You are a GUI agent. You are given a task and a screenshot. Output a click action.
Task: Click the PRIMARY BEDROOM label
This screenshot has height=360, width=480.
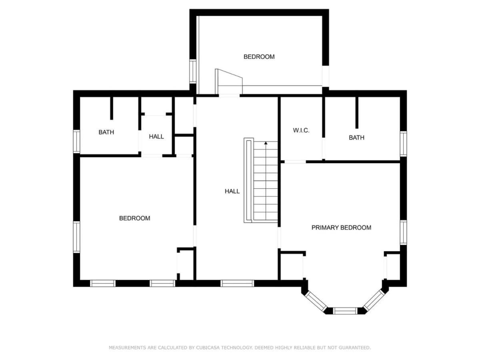click(x=341, y=228)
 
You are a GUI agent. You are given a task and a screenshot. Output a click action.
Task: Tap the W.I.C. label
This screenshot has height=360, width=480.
click(x=301, y=130)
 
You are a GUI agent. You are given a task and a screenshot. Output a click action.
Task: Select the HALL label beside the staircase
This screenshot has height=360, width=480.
click(x=232, y=191)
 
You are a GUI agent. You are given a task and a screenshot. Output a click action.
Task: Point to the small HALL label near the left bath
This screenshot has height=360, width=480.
click(x=156, y=137)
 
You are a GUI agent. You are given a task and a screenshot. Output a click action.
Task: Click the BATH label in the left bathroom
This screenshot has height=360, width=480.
click(x=106, y=132)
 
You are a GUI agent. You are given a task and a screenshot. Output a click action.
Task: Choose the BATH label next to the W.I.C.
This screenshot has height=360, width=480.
click(x=356, y=138)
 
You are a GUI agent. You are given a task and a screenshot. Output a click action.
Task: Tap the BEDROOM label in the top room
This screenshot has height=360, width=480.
click(x=259, y=57)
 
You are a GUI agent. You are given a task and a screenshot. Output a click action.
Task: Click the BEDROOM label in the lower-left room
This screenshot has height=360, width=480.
click(x=134, y=218)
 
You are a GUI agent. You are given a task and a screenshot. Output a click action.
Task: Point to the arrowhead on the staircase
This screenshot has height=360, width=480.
click(x=266, y=143)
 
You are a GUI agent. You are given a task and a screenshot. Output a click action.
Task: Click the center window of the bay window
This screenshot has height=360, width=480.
click(x=345, y=311)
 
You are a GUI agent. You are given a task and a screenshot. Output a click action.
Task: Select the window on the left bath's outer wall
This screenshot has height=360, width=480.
click(x=76, y=142)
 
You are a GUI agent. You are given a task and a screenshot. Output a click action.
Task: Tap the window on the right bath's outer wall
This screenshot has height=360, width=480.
click(x=403, y=144)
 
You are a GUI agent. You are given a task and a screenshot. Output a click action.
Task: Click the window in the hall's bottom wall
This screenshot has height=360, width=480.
click(x=237, y=283)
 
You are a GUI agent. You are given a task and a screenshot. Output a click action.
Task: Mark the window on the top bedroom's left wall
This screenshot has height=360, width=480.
click(x=193, y=71)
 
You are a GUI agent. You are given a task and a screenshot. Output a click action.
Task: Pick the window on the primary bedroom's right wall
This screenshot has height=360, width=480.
click(x=403, y=232)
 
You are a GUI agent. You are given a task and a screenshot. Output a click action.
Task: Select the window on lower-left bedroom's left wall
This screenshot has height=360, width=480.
click(x=76, y=237)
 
